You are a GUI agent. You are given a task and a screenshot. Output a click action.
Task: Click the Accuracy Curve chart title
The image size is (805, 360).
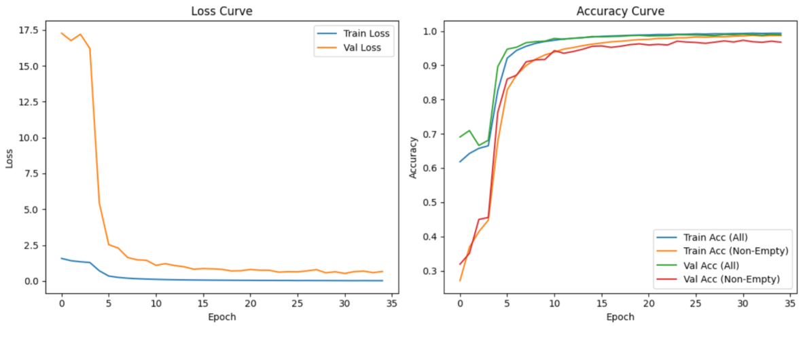(620, 11)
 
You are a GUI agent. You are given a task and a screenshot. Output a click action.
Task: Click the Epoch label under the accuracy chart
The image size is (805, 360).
(620, 317)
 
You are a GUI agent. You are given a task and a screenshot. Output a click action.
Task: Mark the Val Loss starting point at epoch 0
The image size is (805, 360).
(62, 33)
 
